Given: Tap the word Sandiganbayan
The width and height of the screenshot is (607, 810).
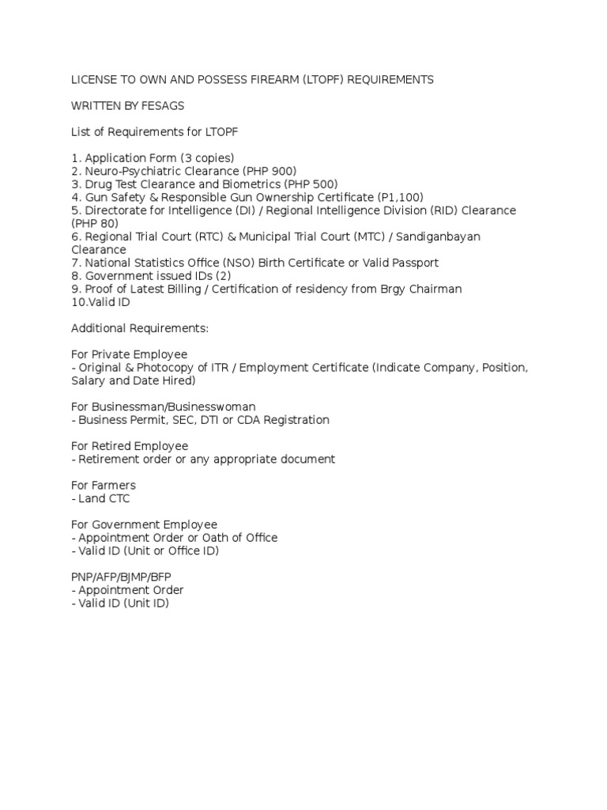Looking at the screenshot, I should pyautogui.click(x=432, y=237).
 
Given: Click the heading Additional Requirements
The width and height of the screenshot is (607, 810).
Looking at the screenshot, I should pyautogui.click(x=139, y=327).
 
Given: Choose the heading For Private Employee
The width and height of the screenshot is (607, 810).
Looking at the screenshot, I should pyautogui.click(x=130, y=354).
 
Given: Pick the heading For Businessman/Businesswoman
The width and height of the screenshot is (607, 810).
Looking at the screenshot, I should pyautogui.click(x=163, y=407).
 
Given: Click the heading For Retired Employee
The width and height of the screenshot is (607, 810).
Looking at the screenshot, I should pyautogui.click(x=130, y=446).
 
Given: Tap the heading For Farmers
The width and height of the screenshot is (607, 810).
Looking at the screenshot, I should pyautogui.click(x=104, y=485).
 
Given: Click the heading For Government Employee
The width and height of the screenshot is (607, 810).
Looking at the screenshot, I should pyautogui.click(x=144, y=524).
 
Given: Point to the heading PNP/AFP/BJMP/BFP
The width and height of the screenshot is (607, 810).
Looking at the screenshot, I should pyautogui.click(x=121, y=577).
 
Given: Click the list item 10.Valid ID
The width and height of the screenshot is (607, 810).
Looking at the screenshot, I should pyautogui.click(x=101, y=301).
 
